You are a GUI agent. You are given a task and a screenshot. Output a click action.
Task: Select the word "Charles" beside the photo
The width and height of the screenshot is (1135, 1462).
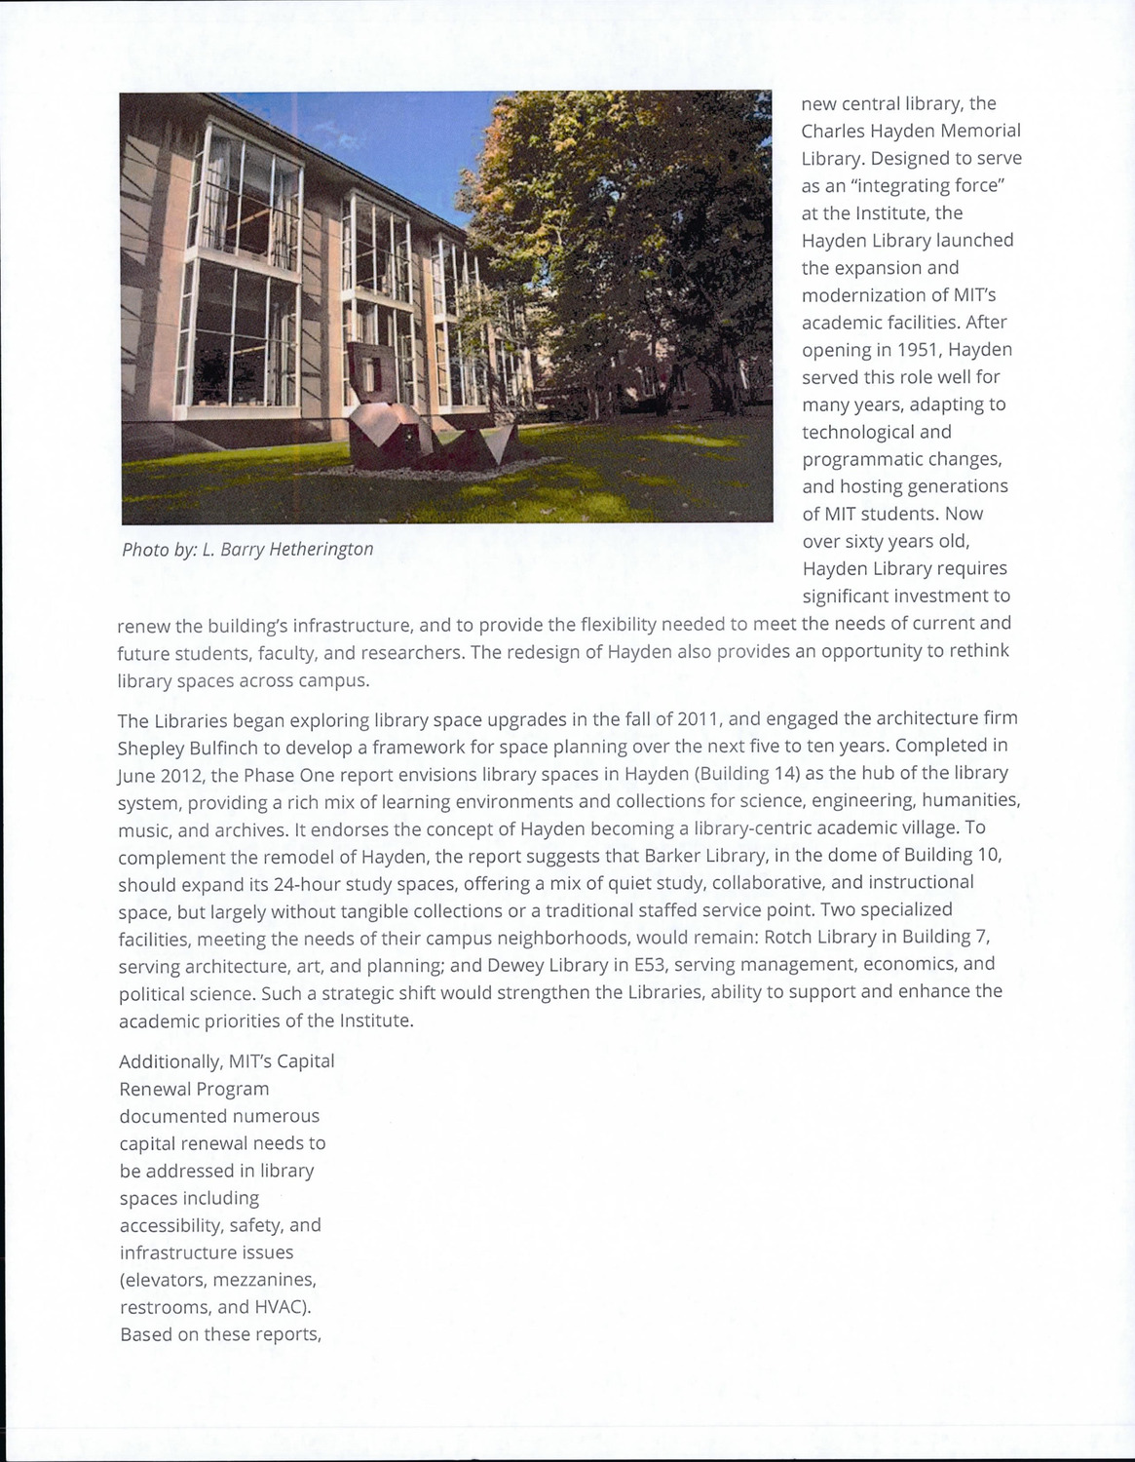pyautogui.click(x=834, y=131)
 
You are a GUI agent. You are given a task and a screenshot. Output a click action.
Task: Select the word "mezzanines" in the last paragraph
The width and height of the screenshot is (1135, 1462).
pyautogui.click(x=264, y=1280)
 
